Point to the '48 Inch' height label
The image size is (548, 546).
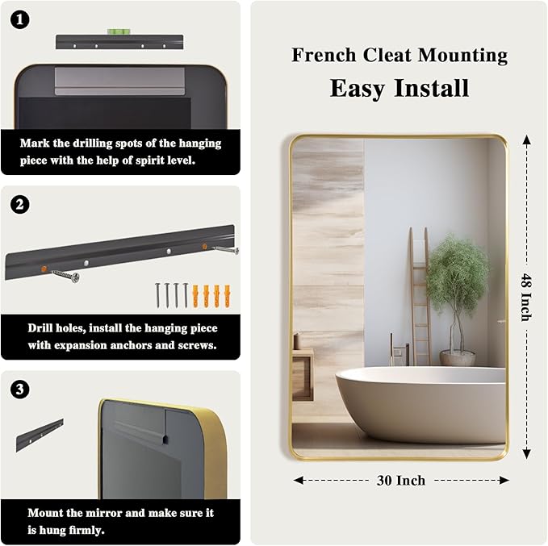525,296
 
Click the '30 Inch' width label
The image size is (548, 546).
400,480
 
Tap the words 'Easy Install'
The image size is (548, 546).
399,87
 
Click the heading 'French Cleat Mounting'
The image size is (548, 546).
399,55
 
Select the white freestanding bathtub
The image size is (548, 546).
420,403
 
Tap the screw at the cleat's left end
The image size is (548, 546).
66,277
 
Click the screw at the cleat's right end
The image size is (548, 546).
226,250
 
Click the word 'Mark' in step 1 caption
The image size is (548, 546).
36,144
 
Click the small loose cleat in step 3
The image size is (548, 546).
39,435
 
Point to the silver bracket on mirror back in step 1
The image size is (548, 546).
119,81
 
